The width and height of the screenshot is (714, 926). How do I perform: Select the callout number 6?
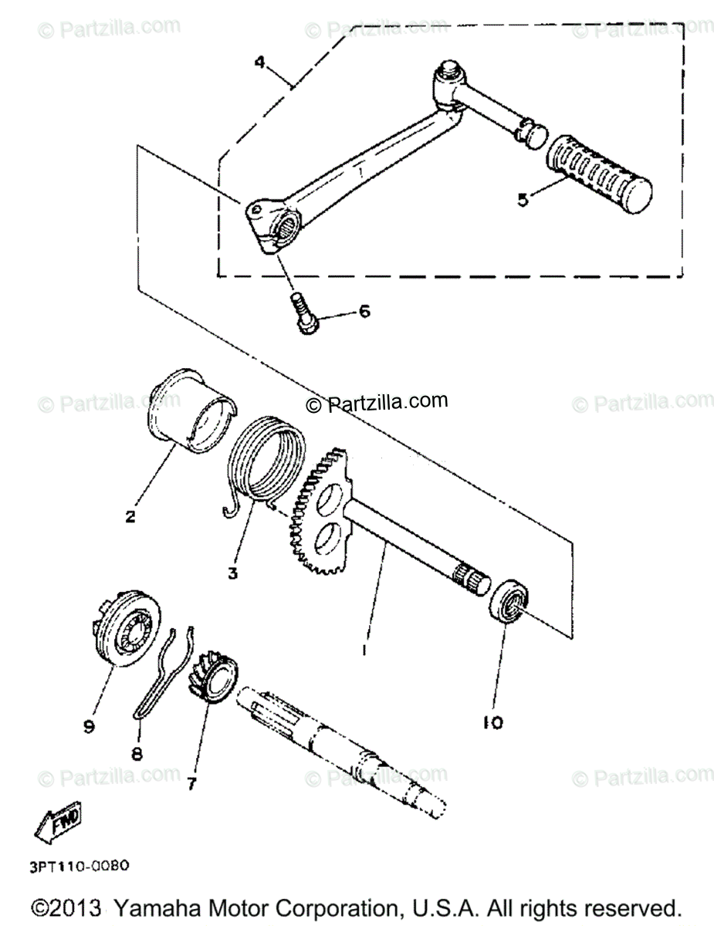tap(364, 312)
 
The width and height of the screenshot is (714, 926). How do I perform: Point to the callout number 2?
tap(130, 516)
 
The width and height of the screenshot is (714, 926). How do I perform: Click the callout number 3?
tap(233, 573)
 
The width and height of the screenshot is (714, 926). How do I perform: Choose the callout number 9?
tap(89, 726)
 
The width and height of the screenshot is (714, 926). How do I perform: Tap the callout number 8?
tap(137, 753)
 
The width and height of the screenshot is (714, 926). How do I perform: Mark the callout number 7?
tap(191, 784)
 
